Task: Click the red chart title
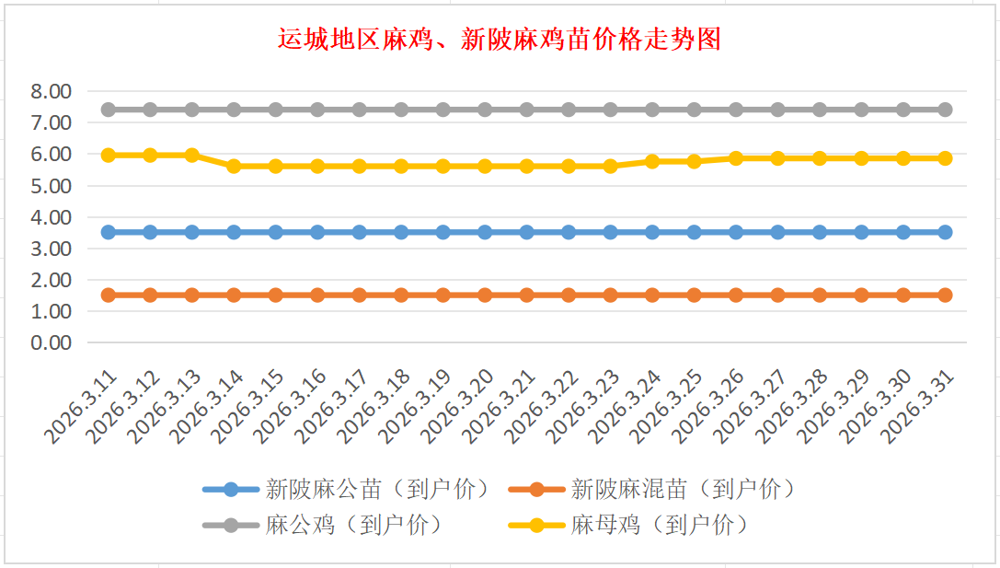[500, 40]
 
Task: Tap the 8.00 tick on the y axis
[51, 91]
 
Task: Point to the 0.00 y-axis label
[51, 342]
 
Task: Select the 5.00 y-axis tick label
[51, 186]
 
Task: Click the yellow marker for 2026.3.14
[234, 166]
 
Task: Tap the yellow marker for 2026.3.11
[109, 155]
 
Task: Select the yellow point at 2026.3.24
[652, 161]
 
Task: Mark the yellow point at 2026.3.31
[945, 158]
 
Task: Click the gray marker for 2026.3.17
[360, 110]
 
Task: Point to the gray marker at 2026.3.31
[945, 110]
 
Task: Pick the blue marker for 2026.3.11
[109, 232]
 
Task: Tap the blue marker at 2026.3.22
[569, 232]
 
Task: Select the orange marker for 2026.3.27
[777, 295]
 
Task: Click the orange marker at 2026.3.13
[192, 295]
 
